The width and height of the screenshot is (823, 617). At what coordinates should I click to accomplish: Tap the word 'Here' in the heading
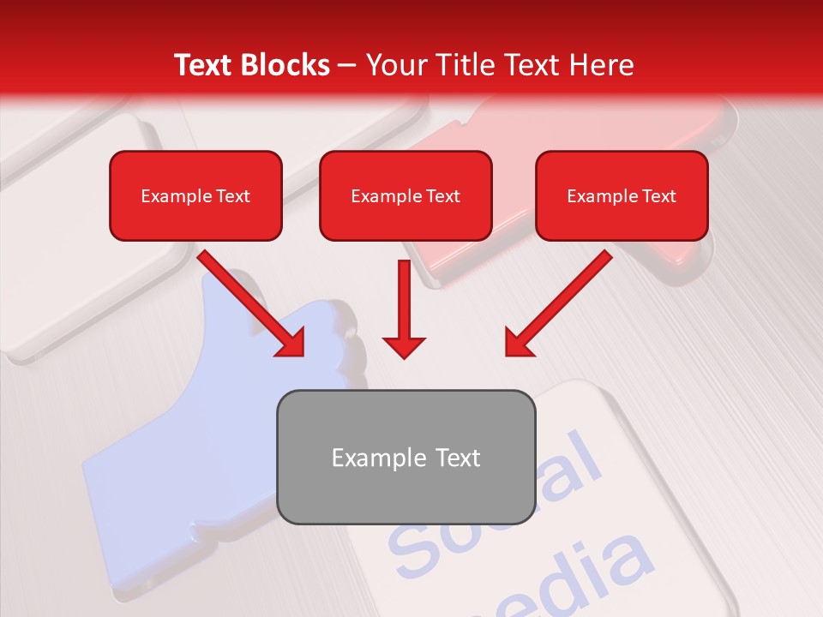(x=603, y=65)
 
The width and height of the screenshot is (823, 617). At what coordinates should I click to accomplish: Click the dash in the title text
(x=347, y=66)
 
